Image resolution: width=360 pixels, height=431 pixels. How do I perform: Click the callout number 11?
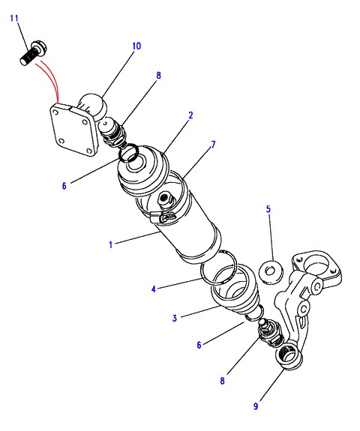pyautogui.click(x=14, y=19)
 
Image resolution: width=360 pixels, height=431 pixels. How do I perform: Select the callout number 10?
pyautogui.click(x=136, y=46)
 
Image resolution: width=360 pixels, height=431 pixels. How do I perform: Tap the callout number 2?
pyautogui.click(x=190, y=115)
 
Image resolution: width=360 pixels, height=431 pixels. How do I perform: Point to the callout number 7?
pyautogui.click(x=213, y=145)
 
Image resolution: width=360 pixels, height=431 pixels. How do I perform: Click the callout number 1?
pyautogui.click(x=111, y=244)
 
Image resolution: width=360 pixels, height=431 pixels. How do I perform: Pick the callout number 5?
pyautogui.click(x=268, y=209)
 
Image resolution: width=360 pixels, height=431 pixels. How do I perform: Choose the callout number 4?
pyautogui.click(x=154, y=289)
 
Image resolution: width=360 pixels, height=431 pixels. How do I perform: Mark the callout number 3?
pyautogui.click(x=174, y=318)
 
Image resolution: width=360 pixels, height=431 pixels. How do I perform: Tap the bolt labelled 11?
pyautogui.click(x=34, y=53)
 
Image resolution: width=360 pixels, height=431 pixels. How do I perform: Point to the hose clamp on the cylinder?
pyautogui.click(x=163, y=217)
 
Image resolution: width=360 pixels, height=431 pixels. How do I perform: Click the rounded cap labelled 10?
pyautogui.click(x=92, y=106)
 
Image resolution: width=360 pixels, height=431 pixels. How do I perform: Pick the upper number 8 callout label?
pyautogui.click(x=158, y=75)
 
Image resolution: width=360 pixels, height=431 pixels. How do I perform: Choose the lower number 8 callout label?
pyautogui.click(x=222, y=381)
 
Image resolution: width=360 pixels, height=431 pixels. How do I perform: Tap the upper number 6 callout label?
pyautogui.click(x=64, y=186)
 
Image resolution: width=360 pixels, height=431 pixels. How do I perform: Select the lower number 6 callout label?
pyautogui.click(x=199, y=345)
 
